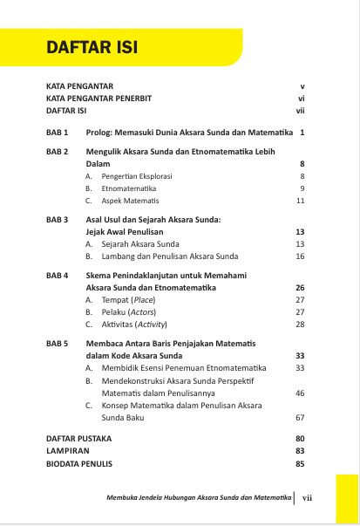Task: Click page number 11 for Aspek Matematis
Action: [x=300, y=201]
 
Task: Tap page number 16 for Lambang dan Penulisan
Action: [x=300, y=256]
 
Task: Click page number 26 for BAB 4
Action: [x=300, y=287]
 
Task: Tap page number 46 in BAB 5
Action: [x=300, y=393]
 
